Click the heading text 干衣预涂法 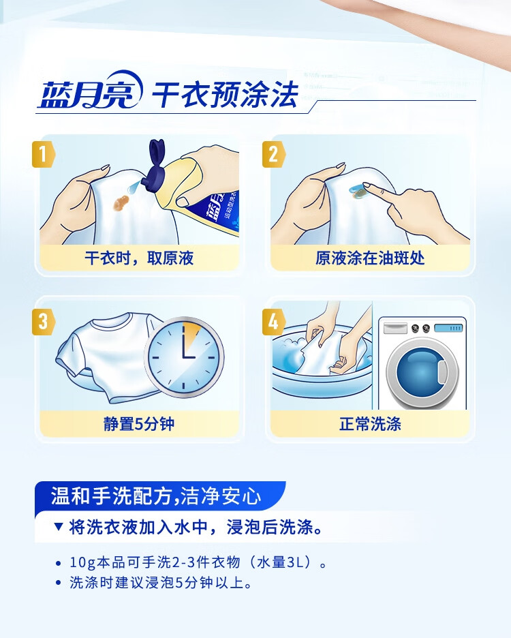pyautogui.click(x=225, y=94)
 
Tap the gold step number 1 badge pyautogui.click(x=43, y=154)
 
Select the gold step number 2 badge pyautogui.click(x=273, y=154)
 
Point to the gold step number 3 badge pyautogui.click(x=43, y=322)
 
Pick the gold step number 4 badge pyautogui.click(x=273, y=322)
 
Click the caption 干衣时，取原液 pyautogui.click(x=139, y=258)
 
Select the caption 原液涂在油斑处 pyautogui.click(x=370, y=258)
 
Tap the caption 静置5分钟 pyautogui.click(x=139, y=424)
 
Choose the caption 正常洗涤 pyautogui.click(x=370, y=424)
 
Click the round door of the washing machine pyautogui.click(x=422, y=372)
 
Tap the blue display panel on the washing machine pyautogui.click(x=449, y=328)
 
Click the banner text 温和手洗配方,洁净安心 pyautogui.click(x=156, y=496)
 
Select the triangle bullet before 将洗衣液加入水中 pyautogui.click(x=59, y=527)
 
